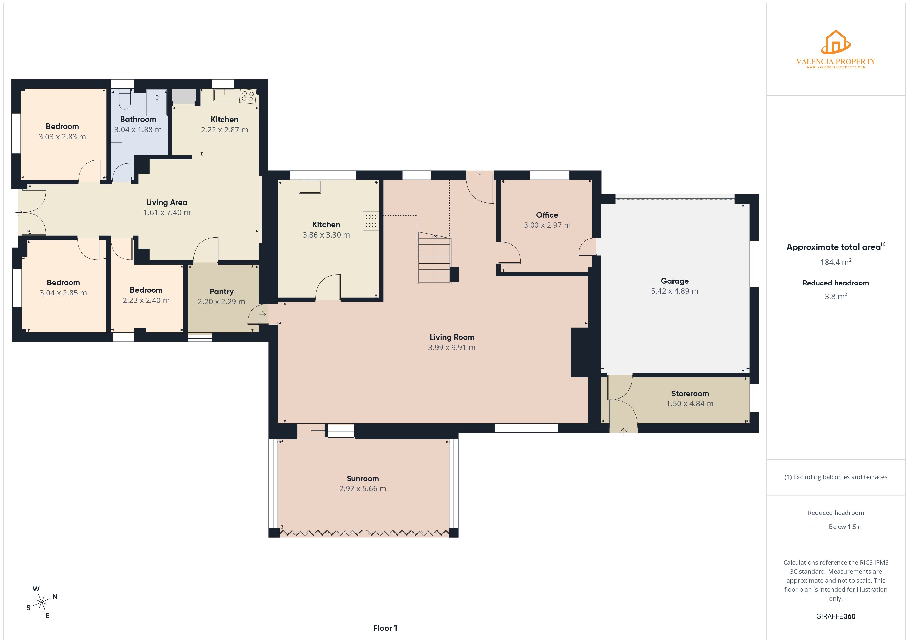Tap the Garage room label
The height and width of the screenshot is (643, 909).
click(x=675, y=281)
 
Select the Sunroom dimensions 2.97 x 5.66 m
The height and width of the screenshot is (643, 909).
click(x=363, y=489)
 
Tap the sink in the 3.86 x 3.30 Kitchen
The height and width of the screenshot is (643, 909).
click(x=310, y=187)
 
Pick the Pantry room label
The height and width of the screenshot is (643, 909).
click(x=221, y=291)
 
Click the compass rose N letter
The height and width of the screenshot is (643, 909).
click(x=55, y=597)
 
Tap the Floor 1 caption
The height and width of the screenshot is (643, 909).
click(x=385, y=628)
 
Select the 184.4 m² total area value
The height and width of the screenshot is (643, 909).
click(x=835, y=262)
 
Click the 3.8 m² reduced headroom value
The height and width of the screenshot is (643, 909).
click(x=835, y=297)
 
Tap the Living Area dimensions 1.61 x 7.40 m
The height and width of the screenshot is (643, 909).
click(x=167, y=213)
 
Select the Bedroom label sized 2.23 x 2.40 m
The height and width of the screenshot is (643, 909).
click(x=146, y=290)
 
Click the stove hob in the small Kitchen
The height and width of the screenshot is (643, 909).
click(x=248, y=96)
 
